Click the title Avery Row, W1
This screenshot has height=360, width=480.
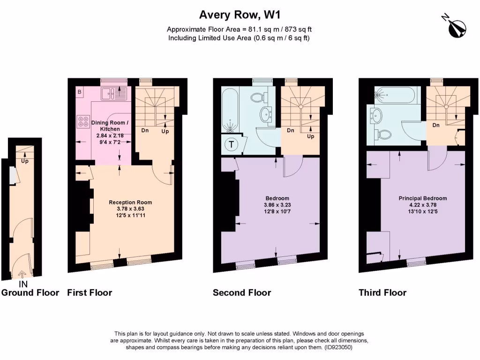[240, 15]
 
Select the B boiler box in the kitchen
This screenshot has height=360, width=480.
[80, 92]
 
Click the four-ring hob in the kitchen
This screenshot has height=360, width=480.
[83, 121]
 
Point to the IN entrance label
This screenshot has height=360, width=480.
[23, 284]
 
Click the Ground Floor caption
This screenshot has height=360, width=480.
[30, 293]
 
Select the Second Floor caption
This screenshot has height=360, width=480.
[242, 293]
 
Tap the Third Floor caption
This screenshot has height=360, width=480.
[382, 293]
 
